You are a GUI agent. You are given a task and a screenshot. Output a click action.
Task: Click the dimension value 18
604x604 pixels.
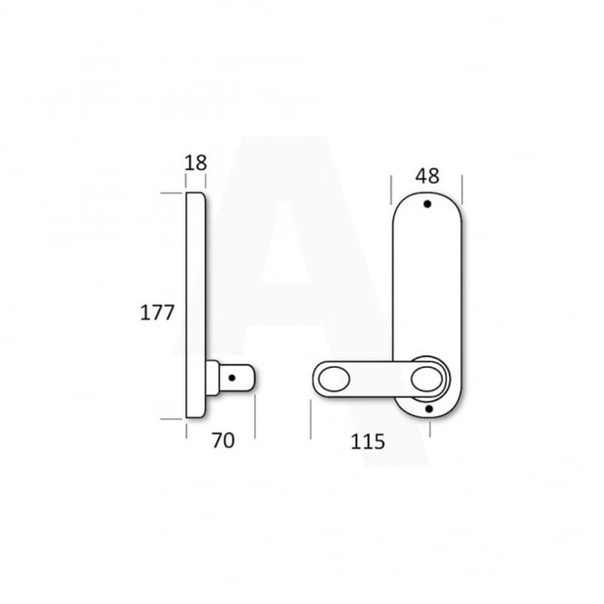[195, 163]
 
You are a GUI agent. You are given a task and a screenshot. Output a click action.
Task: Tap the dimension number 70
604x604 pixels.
[223, 441]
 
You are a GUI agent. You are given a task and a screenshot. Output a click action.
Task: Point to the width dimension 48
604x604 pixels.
[426, 173]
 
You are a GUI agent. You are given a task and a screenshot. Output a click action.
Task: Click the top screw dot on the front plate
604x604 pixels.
[427, 205]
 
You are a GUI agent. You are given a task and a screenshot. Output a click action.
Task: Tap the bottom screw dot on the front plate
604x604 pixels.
[427, 409]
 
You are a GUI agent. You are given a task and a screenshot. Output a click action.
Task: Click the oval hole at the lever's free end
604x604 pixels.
[332, 376]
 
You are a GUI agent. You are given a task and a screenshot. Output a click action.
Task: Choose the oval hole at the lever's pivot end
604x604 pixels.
[425, 376]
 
